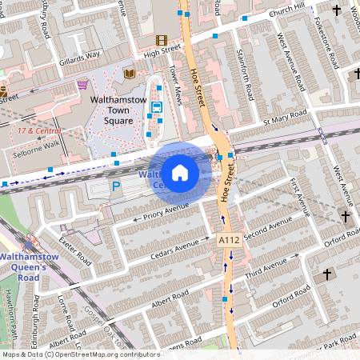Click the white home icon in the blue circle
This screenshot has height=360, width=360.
180,173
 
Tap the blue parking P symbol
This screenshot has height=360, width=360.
116,186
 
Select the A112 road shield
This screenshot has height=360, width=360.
228,240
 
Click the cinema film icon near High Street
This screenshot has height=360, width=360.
162,40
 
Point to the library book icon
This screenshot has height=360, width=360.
130,74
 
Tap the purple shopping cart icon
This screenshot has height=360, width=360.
82,84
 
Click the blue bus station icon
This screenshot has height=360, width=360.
156,107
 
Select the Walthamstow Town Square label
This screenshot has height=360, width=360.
118,110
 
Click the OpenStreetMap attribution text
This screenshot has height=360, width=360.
80,354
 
